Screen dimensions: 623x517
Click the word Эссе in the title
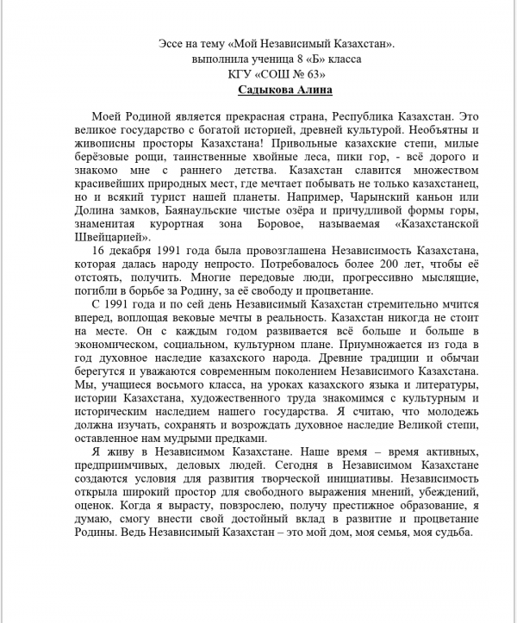[x=175, y=43]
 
